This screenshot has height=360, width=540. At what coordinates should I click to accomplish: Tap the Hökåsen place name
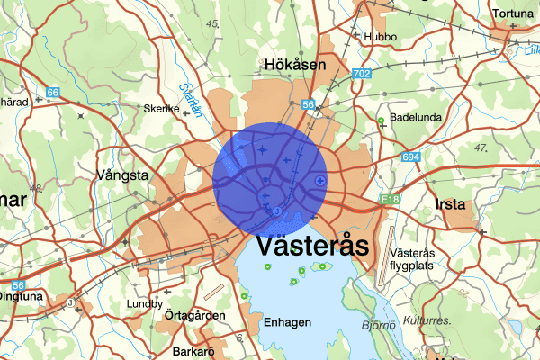(295, 65)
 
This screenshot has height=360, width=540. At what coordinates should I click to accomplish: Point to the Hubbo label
(380, 37)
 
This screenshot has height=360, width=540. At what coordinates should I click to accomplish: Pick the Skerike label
(163, 109)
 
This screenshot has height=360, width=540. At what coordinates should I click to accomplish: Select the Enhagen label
(288, 322)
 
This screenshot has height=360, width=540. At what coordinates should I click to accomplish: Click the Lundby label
(145, 303)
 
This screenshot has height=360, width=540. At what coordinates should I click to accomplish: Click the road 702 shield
(363, 73)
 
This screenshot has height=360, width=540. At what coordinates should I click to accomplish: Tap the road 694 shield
(412, 157)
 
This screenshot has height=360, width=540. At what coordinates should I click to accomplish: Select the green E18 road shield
(390, 200)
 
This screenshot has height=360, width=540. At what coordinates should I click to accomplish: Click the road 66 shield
(53, 93)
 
